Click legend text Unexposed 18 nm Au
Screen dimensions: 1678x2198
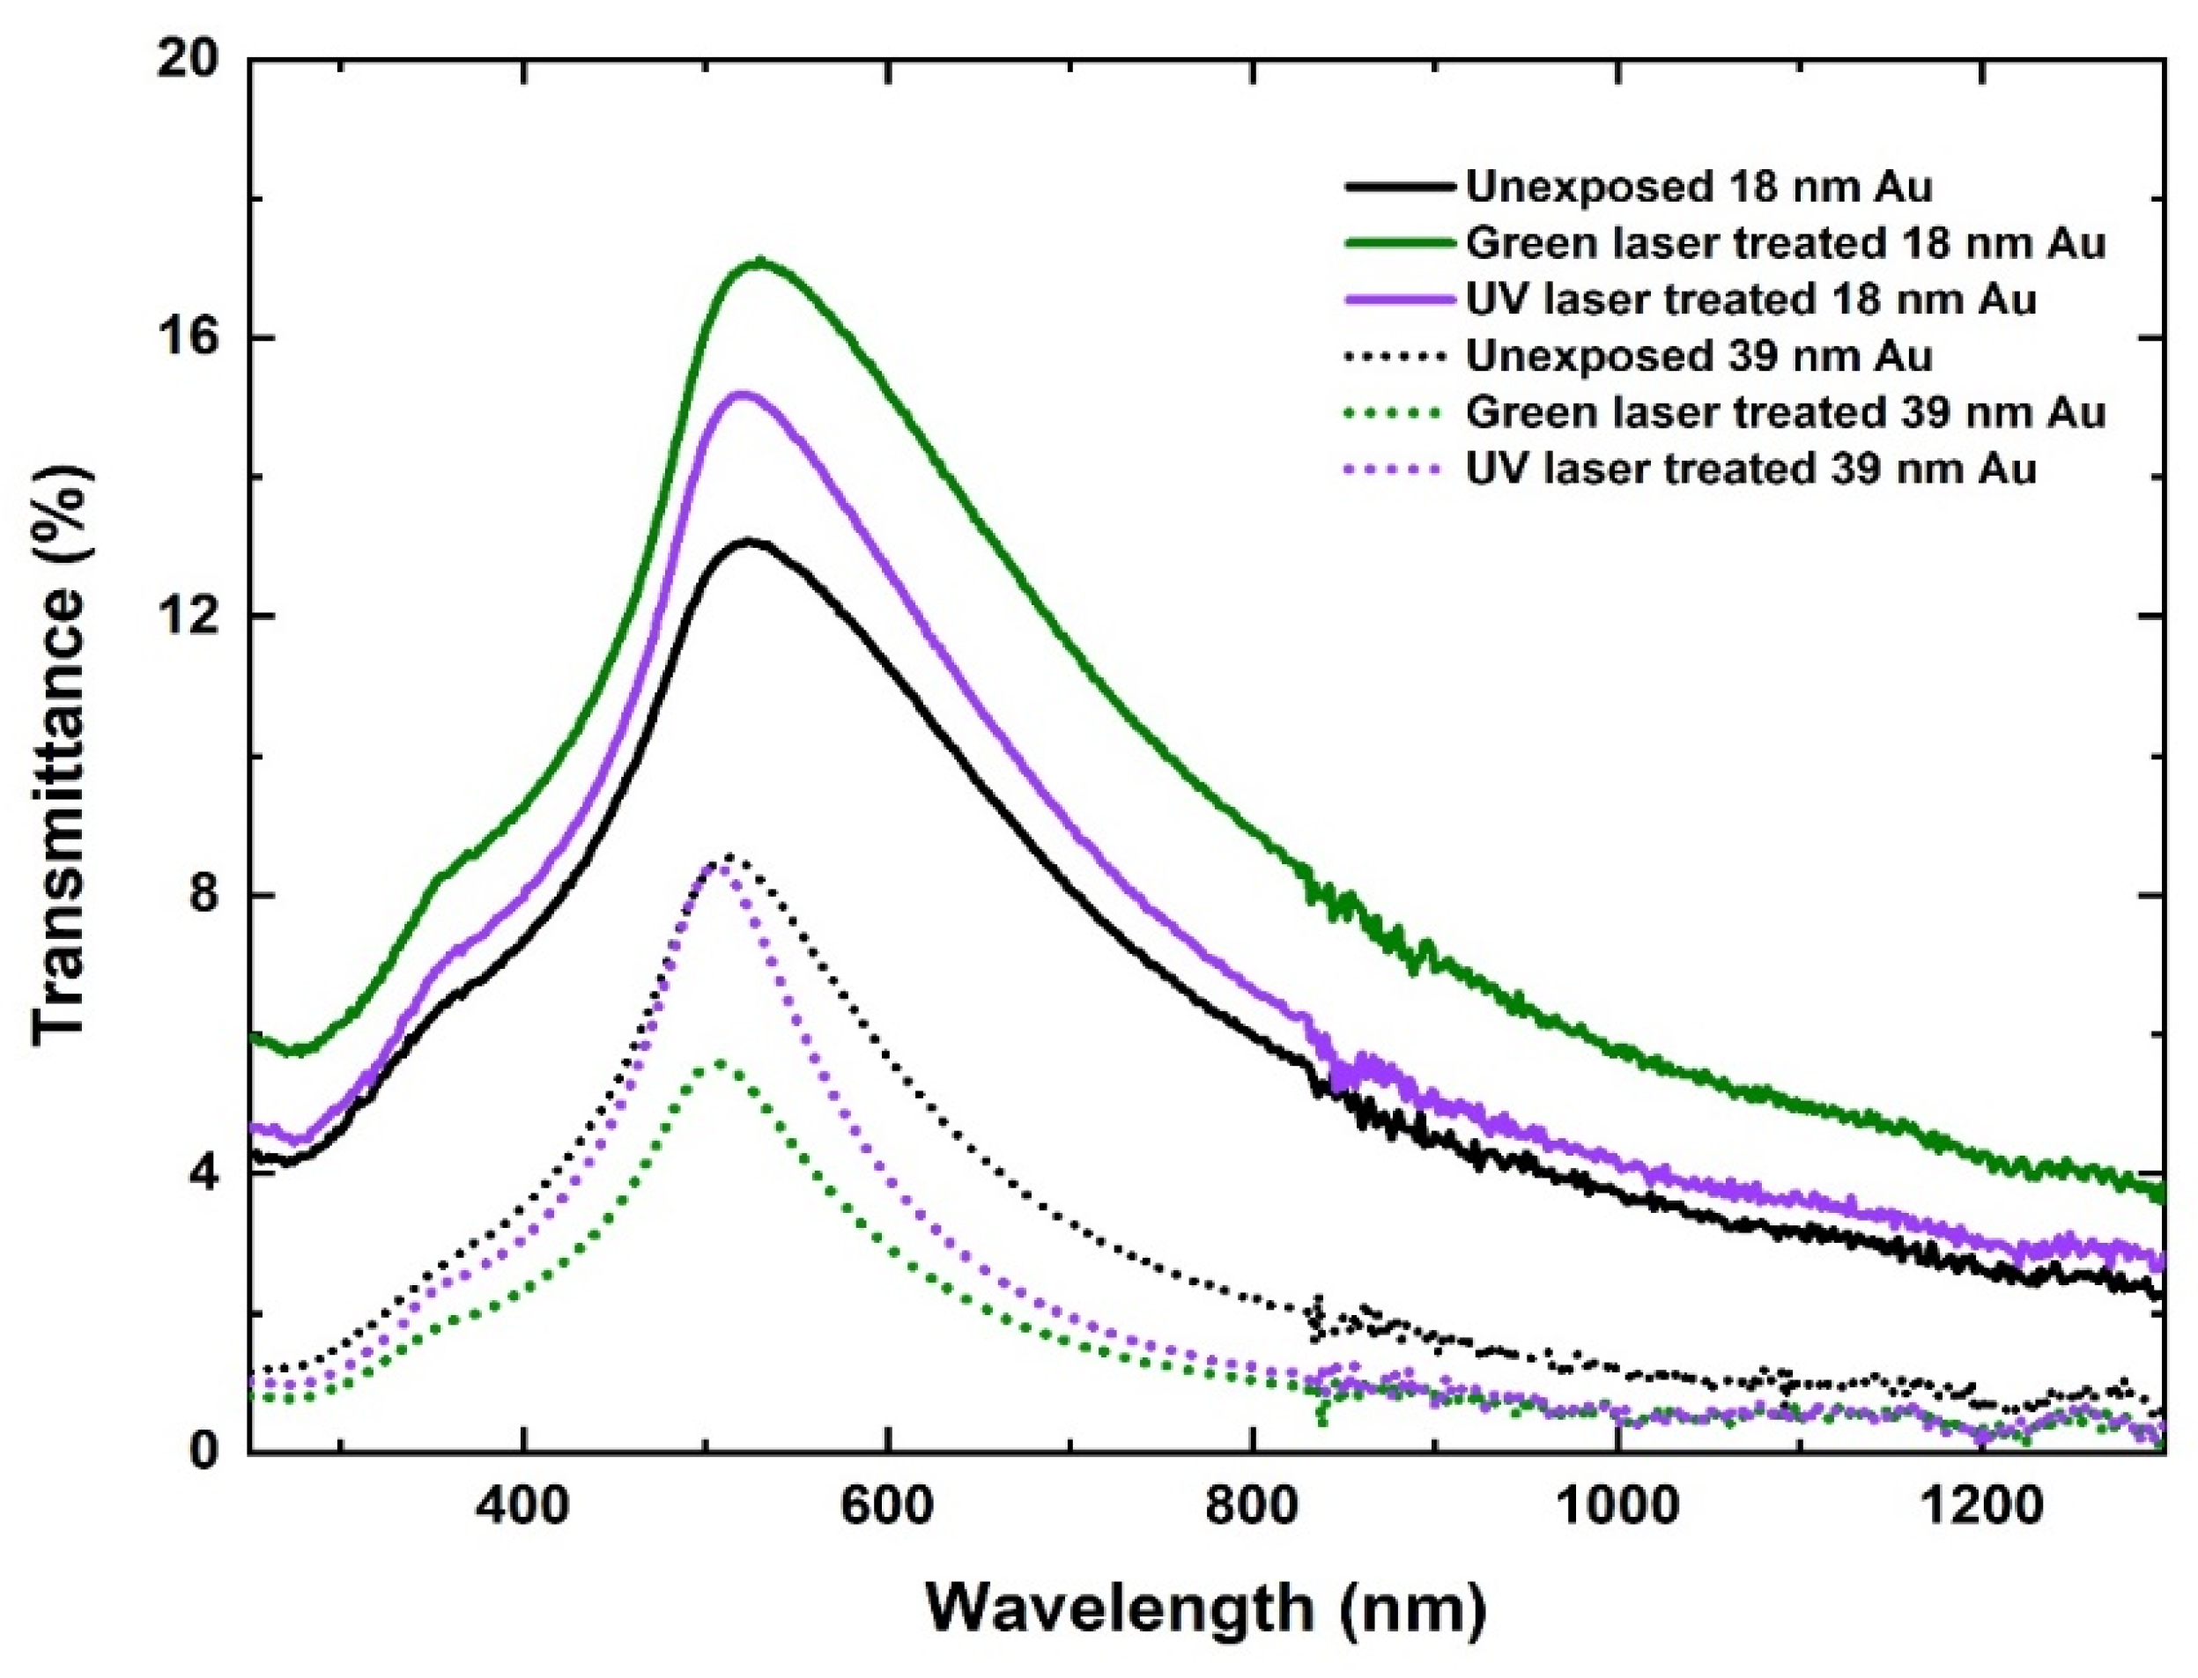1698,187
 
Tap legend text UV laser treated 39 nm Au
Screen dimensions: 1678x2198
1750,469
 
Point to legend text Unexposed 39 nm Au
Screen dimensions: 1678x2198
1698,357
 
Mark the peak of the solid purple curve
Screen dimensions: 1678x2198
741,395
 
